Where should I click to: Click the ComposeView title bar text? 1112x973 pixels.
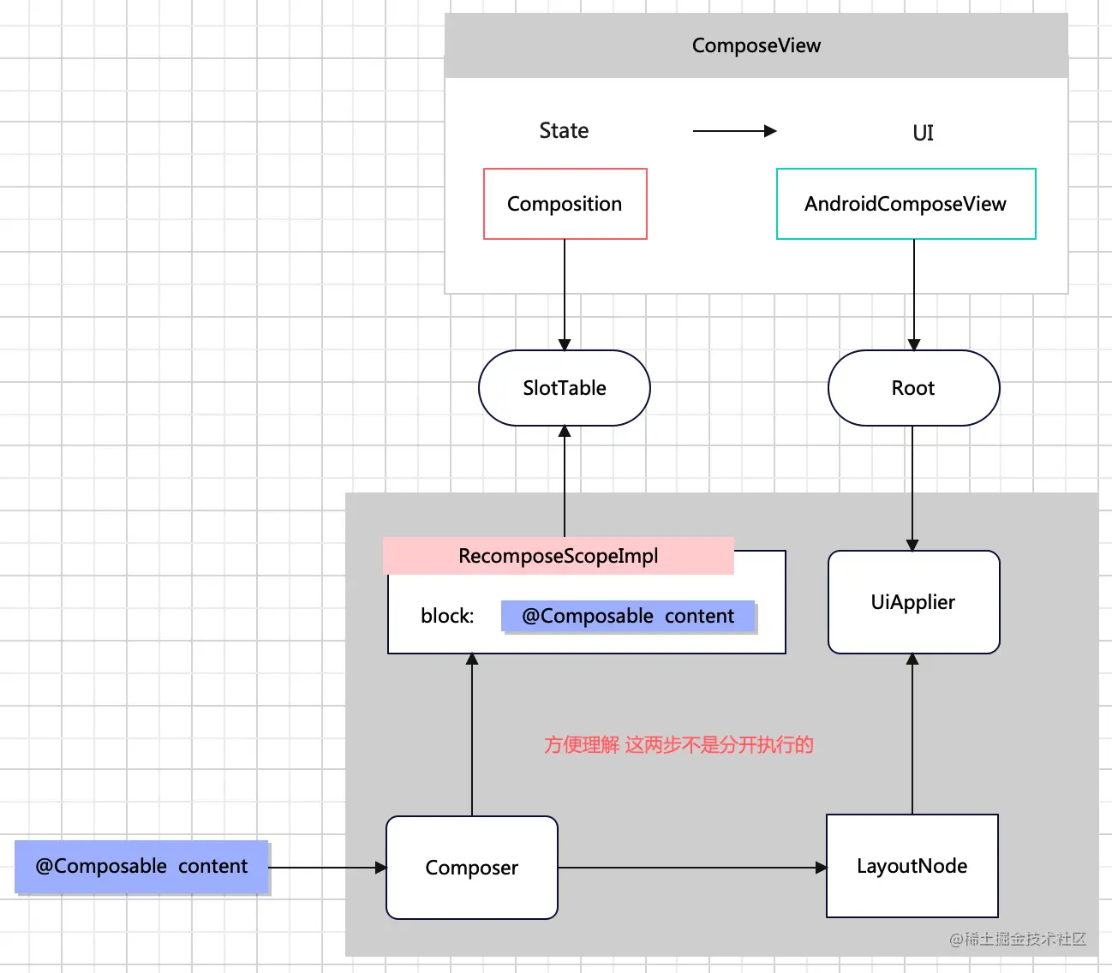coord(756,45)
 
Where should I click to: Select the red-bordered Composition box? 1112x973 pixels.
coord(565,204)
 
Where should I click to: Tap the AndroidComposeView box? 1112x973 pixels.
coord(906,204)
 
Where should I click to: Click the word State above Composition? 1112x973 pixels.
coord(564,131)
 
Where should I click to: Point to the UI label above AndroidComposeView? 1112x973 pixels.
coord(923,133)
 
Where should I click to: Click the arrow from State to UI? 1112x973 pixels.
coord(733,131)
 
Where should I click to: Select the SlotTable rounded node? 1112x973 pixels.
coord(565,388)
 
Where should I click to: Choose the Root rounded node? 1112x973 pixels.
coord(913,388)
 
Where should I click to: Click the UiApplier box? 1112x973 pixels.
coord(913,602)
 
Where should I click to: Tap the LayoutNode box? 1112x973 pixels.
coord(912,866)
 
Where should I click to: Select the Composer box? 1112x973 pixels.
coord(471,868)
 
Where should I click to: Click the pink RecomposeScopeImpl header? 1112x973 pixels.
coord(558,556)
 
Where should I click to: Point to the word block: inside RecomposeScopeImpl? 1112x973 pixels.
coord(447,616)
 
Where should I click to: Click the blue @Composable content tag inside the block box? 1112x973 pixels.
coord(628,616)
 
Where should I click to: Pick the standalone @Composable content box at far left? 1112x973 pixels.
coord(141,867)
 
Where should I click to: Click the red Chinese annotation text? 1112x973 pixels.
coord(679,745)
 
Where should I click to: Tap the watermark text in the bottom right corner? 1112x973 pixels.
coord(1017,940)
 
